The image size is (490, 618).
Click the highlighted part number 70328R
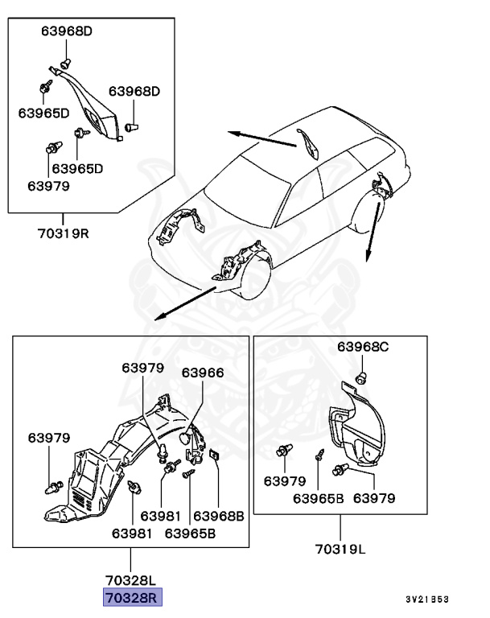(131, 597)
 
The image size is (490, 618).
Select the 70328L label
(131, 579)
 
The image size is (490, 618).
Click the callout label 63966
(203, 373)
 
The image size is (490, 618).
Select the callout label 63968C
(363, 347)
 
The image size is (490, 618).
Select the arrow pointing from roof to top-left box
(261, 139)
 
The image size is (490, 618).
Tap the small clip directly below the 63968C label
(362, 376)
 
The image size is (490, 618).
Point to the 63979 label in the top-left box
(48, 186)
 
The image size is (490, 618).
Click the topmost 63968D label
(68, 31)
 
